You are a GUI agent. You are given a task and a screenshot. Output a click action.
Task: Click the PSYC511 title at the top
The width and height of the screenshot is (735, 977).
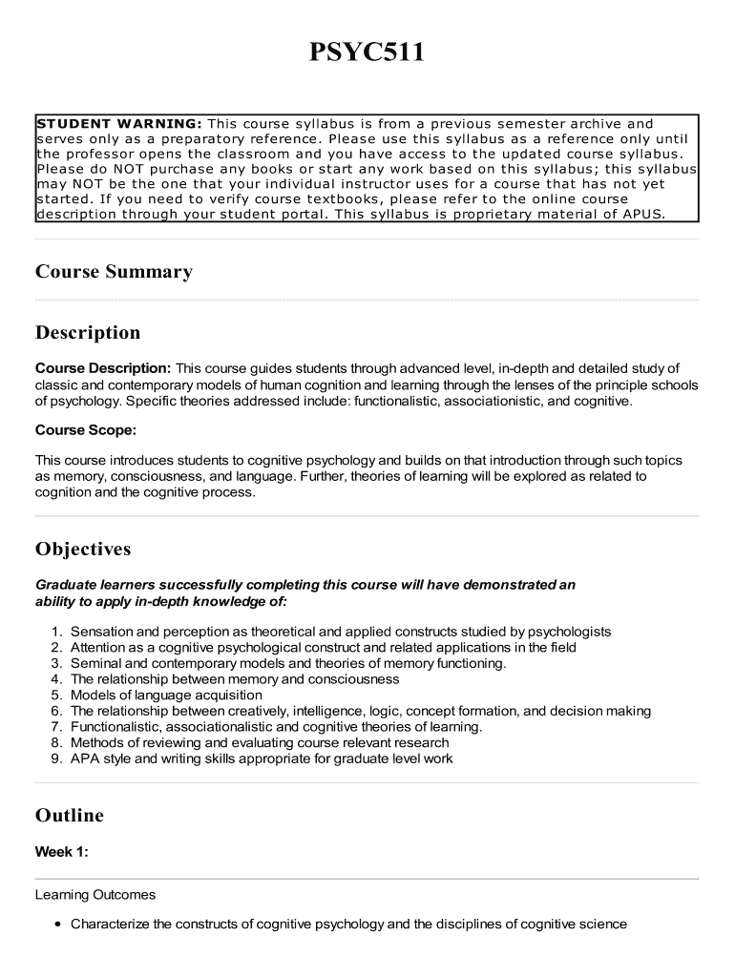(x=367, y=53)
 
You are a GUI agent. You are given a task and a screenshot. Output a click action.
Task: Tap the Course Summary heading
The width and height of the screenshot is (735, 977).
(x=114, y=272)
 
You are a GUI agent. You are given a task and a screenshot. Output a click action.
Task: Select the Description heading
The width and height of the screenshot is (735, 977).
(x=88, y=333)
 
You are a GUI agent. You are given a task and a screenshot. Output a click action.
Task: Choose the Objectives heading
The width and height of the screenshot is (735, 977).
(x=83, y=550)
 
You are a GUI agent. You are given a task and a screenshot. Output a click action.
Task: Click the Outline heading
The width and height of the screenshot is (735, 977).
(x=70, y=816)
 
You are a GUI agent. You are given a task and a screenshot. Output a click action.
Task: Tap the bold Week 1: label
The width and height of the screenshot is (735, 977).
(x=62, y=853)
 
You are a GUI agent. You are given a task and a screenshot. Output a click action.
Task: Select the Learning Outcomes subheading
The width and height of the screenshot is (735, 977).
(x=95, y=895)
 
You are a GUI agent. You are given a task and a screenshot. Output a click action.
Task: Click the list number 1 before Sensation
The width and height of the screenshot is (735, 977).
(x=57, y=632)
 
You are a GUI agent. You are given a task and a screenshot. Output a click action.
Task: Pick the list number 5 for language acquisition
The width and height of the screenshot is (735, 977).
(x=57, y=696)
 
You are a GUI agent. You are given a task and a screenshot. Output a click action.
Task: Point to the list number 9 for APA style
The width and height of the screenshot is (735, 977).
(x=57, y=759)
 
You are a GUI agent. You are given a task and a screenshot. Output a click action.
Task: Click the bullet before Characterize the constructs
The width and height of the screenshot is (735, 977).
(x=59, y=925)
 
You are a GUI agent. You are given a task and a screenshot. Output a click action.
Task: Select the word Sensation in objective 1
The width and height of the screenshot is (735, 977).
(x=101, y=632)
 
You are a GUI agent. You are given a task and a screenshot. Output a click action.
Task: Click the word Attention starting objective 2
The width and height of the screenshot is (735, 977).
(x=98, y=648)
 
